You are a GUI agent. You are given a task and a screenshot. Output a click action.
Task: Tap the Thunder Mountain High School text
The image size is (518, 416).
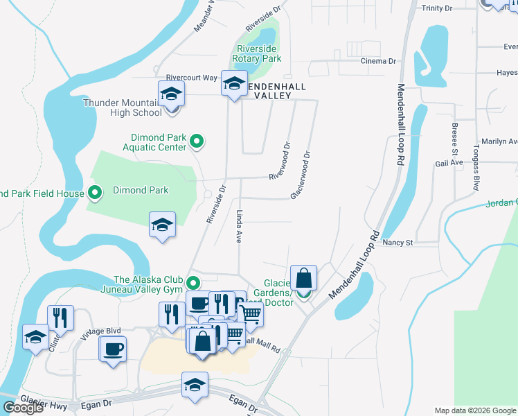click(122, 107)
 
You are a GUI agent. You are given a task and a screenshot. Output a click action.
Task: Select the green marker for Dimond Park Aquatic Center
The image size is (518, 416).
click(197, 142)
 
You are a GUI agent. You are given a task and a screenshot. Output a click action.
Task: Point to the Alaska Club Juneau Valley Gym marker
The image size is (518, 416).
click(194, 283)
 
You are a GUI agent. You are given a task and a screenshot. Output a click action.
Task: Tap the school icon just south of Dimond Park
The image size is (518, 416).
click(162, 225)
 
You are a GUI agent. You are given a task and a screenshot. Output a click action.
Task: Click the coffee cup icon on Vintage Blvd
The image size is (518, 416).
click(113, 349)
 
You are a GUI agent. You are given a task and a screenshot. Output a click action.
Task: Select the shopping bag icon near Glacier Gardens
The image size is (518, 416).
click(303, 279)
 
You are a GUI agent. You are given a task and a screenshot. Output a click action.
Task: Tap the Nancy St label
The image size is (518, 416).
click(398, 243)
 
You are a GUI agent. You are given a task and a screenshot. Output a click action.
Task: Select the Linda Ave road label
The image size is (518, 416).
click(238, 226)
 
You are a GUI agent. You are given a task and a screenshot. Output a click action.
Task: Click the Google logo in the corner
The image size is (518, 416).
click(22, 408)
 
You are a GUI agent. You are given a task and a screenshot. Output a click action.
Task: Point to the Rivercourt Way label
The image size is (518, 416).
click(191, 77)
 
